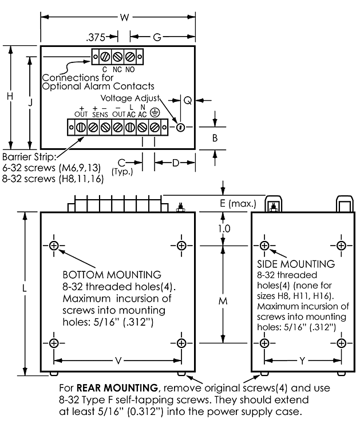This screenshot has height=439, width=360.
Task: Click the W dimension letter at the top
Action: [124, 17]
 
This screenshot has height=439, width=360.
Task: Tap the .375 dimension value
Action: [96, 37]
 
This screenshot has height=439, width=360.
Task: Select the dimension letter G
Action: [157, 37]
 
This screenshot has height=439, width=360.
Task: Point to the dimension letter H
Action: [10, 96]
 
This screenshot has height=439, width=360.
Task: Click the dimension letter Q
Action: [188, 101]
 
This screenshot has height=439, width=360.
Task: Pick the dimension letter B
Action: [215, 138]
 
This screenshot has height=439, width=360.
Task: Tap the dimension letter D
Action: [176, 163]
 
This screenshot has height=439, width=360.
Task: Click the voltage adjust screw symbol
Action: [181, 128]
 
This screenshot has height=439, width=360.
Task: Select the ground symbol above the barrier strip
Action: [155, 113]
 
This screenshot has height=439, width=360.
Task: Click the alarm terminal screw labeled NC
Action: [117, 57]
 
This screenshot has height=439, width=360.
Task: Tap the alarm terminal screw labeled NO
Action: [129, 57]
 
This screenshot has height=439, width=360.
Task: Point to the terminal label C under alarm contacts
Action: [105, 69]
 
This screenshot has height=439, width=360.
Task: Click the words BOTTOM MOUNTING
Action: [112, 275]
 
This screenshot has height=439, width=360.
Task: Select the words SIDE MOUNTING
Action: [296, 264]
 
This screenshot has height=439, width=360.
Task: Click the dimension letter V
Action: [118, 361]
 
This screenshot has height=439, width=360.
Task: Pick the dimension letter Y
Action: [302, 361]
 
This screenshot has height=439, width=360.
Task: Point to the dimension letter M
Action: [223, 301]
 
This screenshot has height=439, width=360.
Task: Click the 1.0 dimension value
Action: [224, 229]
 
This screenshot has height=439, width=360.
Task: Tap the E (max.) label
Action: [238, 203]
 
